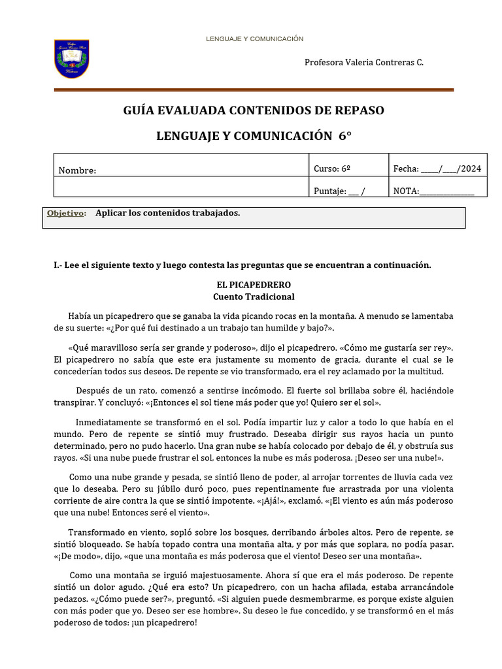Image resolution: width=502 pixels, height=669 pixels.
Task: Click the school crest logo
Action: tap(71, 59)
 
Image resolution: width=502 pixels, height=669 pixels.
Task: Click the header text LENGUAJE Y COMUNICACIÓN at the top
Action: tap(254, 39)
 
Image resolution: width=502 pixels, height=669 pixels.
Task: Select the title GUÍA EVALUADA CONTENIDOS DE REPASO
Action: tap(254, 110)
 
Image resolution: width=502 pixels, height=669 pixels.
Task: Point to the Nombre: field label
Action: tap(77, 171)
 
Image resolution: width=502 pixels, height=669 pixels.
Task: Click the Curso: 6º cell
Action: tap(332, 169)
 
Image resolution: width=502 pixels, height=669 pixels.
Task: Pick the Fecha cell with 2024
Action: tap(437, 169)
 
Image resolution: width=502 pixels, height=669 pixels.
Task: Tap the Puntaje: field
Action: tap(339, 191)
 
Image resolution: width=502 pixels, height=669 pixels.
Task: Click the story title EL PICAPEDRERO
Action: tap(254, 286)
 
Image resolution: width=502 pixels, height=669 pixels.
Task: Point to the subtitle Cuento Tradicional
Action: tap(254, 297)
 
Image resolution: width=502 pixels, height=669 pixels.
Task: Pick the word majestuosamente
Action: tap(216, 575)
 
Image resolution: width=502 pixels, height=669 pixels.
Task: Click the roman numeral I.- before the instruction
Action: tap(58, 265)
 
